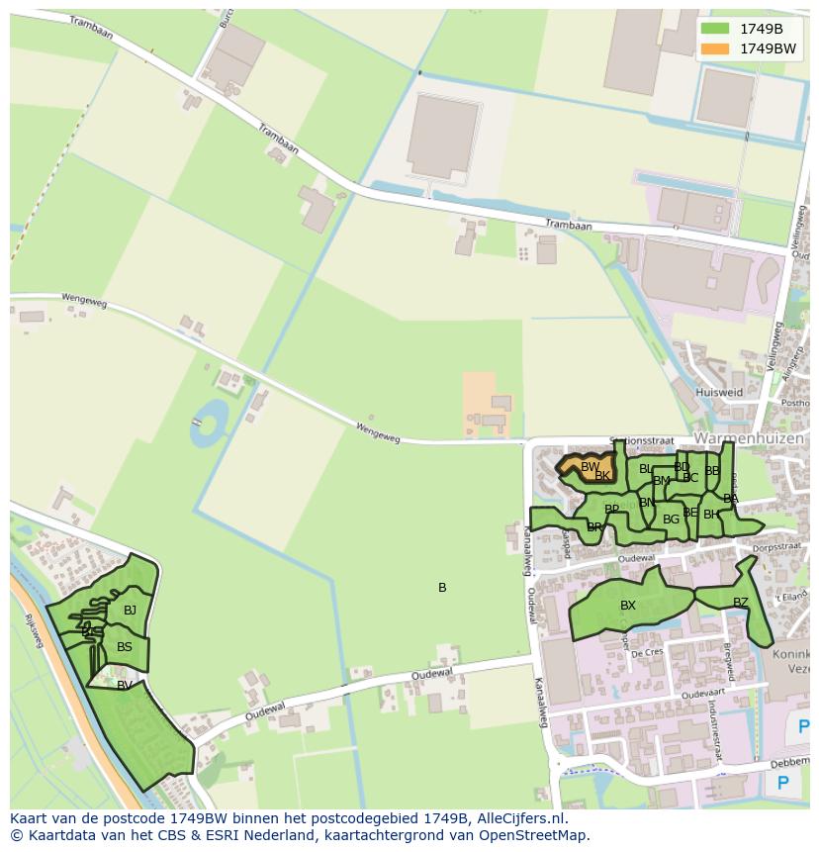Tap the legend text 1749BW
point(768,47)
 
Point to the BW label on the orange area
point(590,467)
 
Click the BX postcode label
point(628,606)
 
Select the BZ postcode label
point(741,602)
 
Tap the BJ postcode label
point(130,611)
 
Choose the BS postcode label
point(125,647)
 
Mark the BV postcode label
point(125,685)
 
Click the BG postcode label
point(671,519)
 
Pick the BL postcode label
point(646,469)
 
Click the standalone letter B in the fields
point(442,588)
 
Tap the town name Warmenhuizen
point(749,437)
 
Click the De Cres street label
point(646,653)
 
